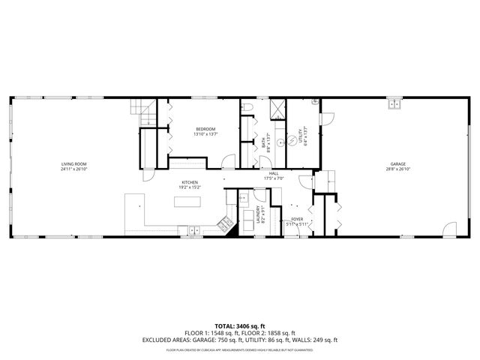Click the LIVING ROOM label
[74, 163]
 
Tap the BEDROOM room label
[205, 130]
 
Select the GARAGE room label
[397, 164]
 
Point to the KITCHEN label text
[189, 182]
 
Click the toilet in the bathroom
[248, 109]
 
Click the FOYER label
[297, 220]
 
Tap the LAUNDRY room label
[258, 213]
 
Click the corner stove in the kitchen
[223, 223]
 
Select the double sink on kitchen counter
[192, 229]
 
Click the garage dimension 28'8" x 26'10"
[397, 169]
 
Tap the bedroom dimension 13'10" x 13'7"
[205, 134]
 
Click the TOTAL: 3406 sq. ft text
[240, 325]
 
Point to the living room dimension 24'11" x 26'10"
[74, 169]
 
